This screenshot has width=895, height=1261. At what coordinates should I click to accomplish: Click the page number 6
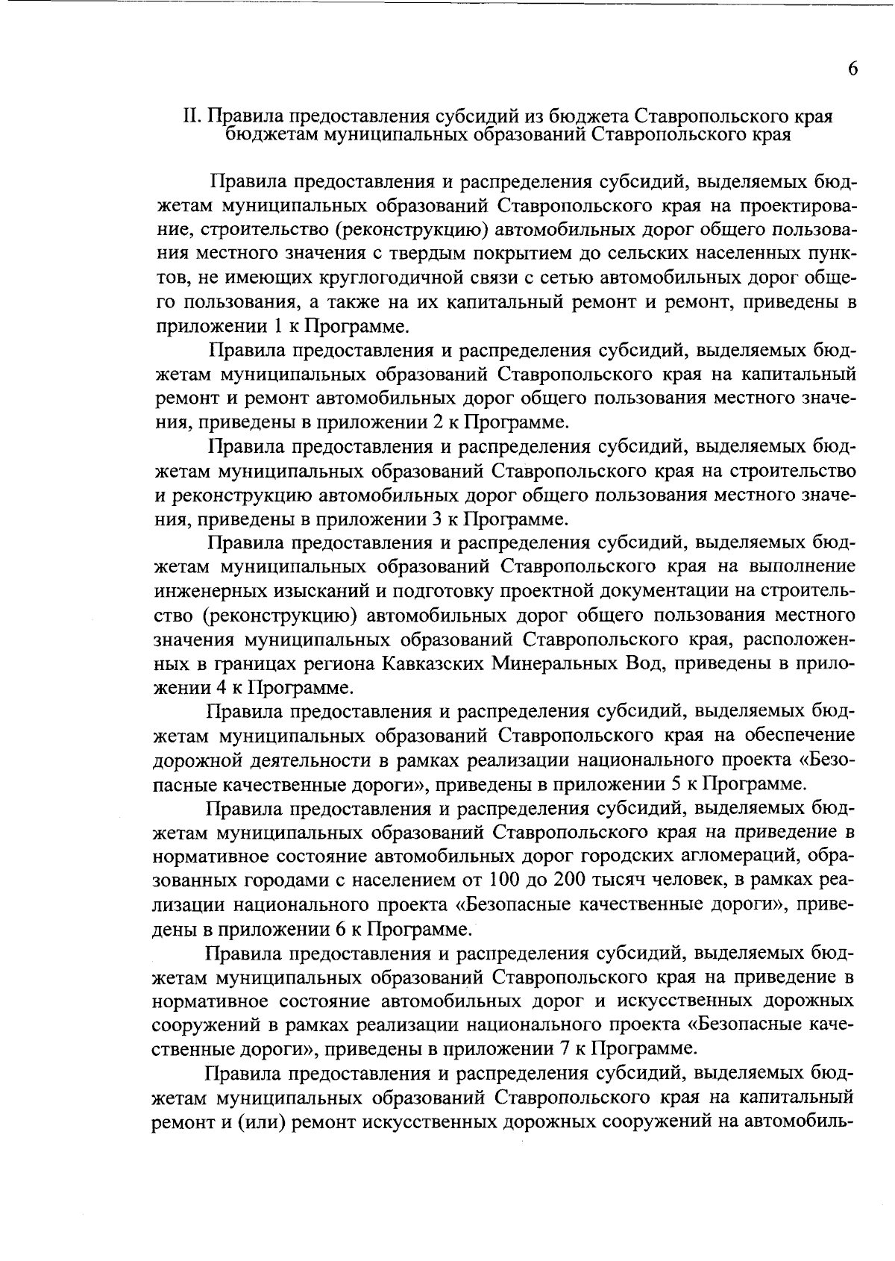point(852,69)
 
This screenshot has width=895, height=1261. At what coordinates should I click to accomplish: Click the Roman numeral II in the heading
point(192,117)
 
